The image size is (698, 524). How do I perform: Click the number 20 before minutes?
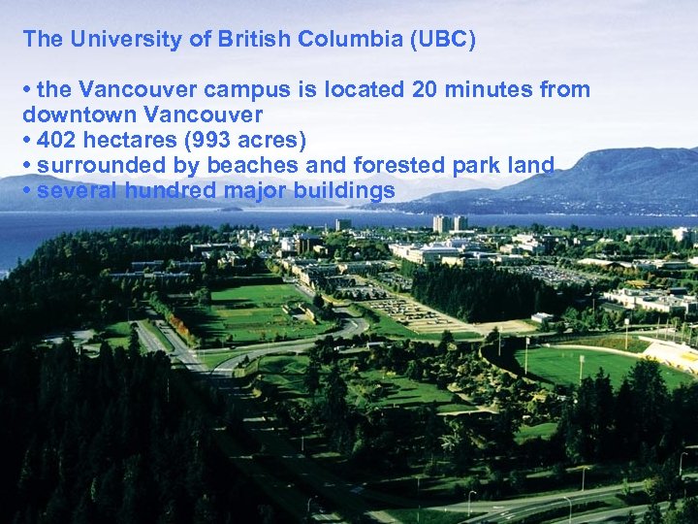point(424,90)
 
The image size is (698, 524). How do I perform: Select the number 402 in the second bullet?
point(55,141)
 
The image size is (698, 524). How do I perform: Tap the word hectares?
point(130,141)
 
